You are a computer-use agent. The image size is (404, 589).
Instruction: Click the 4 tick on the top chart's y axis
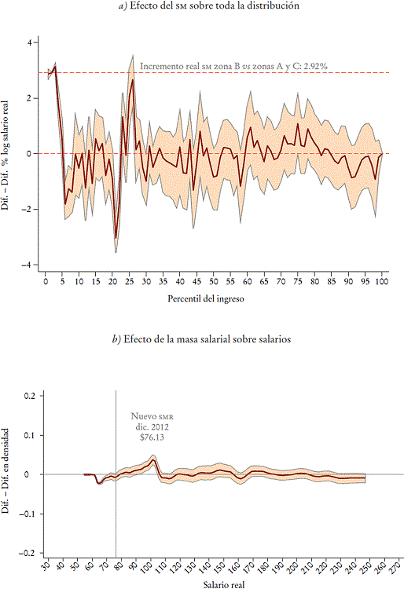pos(28,42)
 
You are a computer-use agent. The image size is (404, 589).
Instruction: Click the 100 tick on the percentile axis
pos(382,281)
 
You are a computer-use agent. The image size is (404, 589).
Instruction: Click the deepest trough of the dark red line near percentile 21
pos(116,238)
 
